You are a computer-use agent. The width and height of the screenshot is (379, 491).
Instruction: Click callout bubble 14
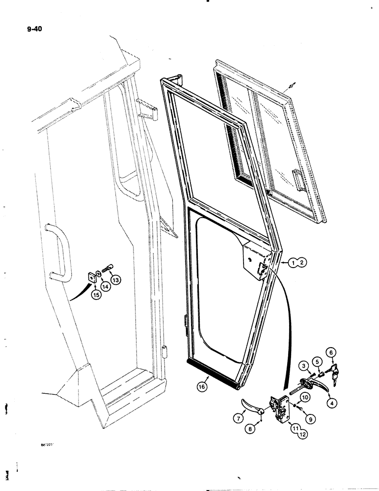tap(105, 286)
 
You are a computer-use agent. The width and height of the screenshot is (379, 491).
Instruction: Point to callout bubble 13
tap(116, 280)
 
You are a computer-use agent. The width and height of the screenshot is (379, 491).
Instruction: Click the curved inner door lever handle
tap(251, 406)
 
